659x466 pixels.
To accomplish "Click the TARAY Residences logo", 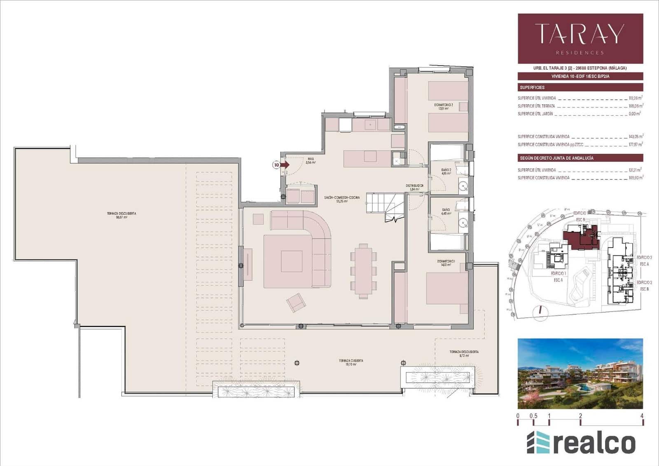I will click(580, 38).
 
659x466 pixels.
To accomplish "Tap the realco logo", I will click(581, 443).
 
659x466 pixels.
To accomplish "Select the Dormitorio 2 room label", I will click(443, 107).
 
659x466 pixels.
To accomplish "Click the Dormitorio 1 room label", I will click(446, 263).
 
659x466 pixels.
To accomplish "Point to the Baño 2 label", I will click(446, 172).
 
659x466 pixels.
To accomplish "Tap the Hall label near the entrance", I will click(311, 160).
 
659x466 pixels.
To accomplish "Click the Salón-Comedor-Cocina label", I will click(341, 200).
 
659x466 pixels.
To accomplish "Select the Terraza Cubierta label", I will click(351, 362).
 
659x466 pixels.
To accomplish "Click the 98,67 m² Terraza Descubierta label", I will click(122, 215).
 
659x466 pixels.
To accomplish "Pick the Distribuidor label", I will click(414, 187).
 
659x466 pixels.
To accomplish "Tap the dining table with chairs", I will click(363, 271).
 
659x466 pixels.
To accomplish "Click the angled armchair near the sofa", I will click(296, 303).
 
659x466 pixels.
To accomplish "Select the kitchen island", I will click(367, 159).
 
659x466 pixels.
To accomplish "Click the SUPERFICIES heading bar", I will click(580, 87).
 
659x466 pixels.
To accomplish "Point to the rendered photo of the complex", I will click(580, 374).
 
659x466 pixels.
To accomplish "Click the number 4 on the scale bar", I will click(642, 416).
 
